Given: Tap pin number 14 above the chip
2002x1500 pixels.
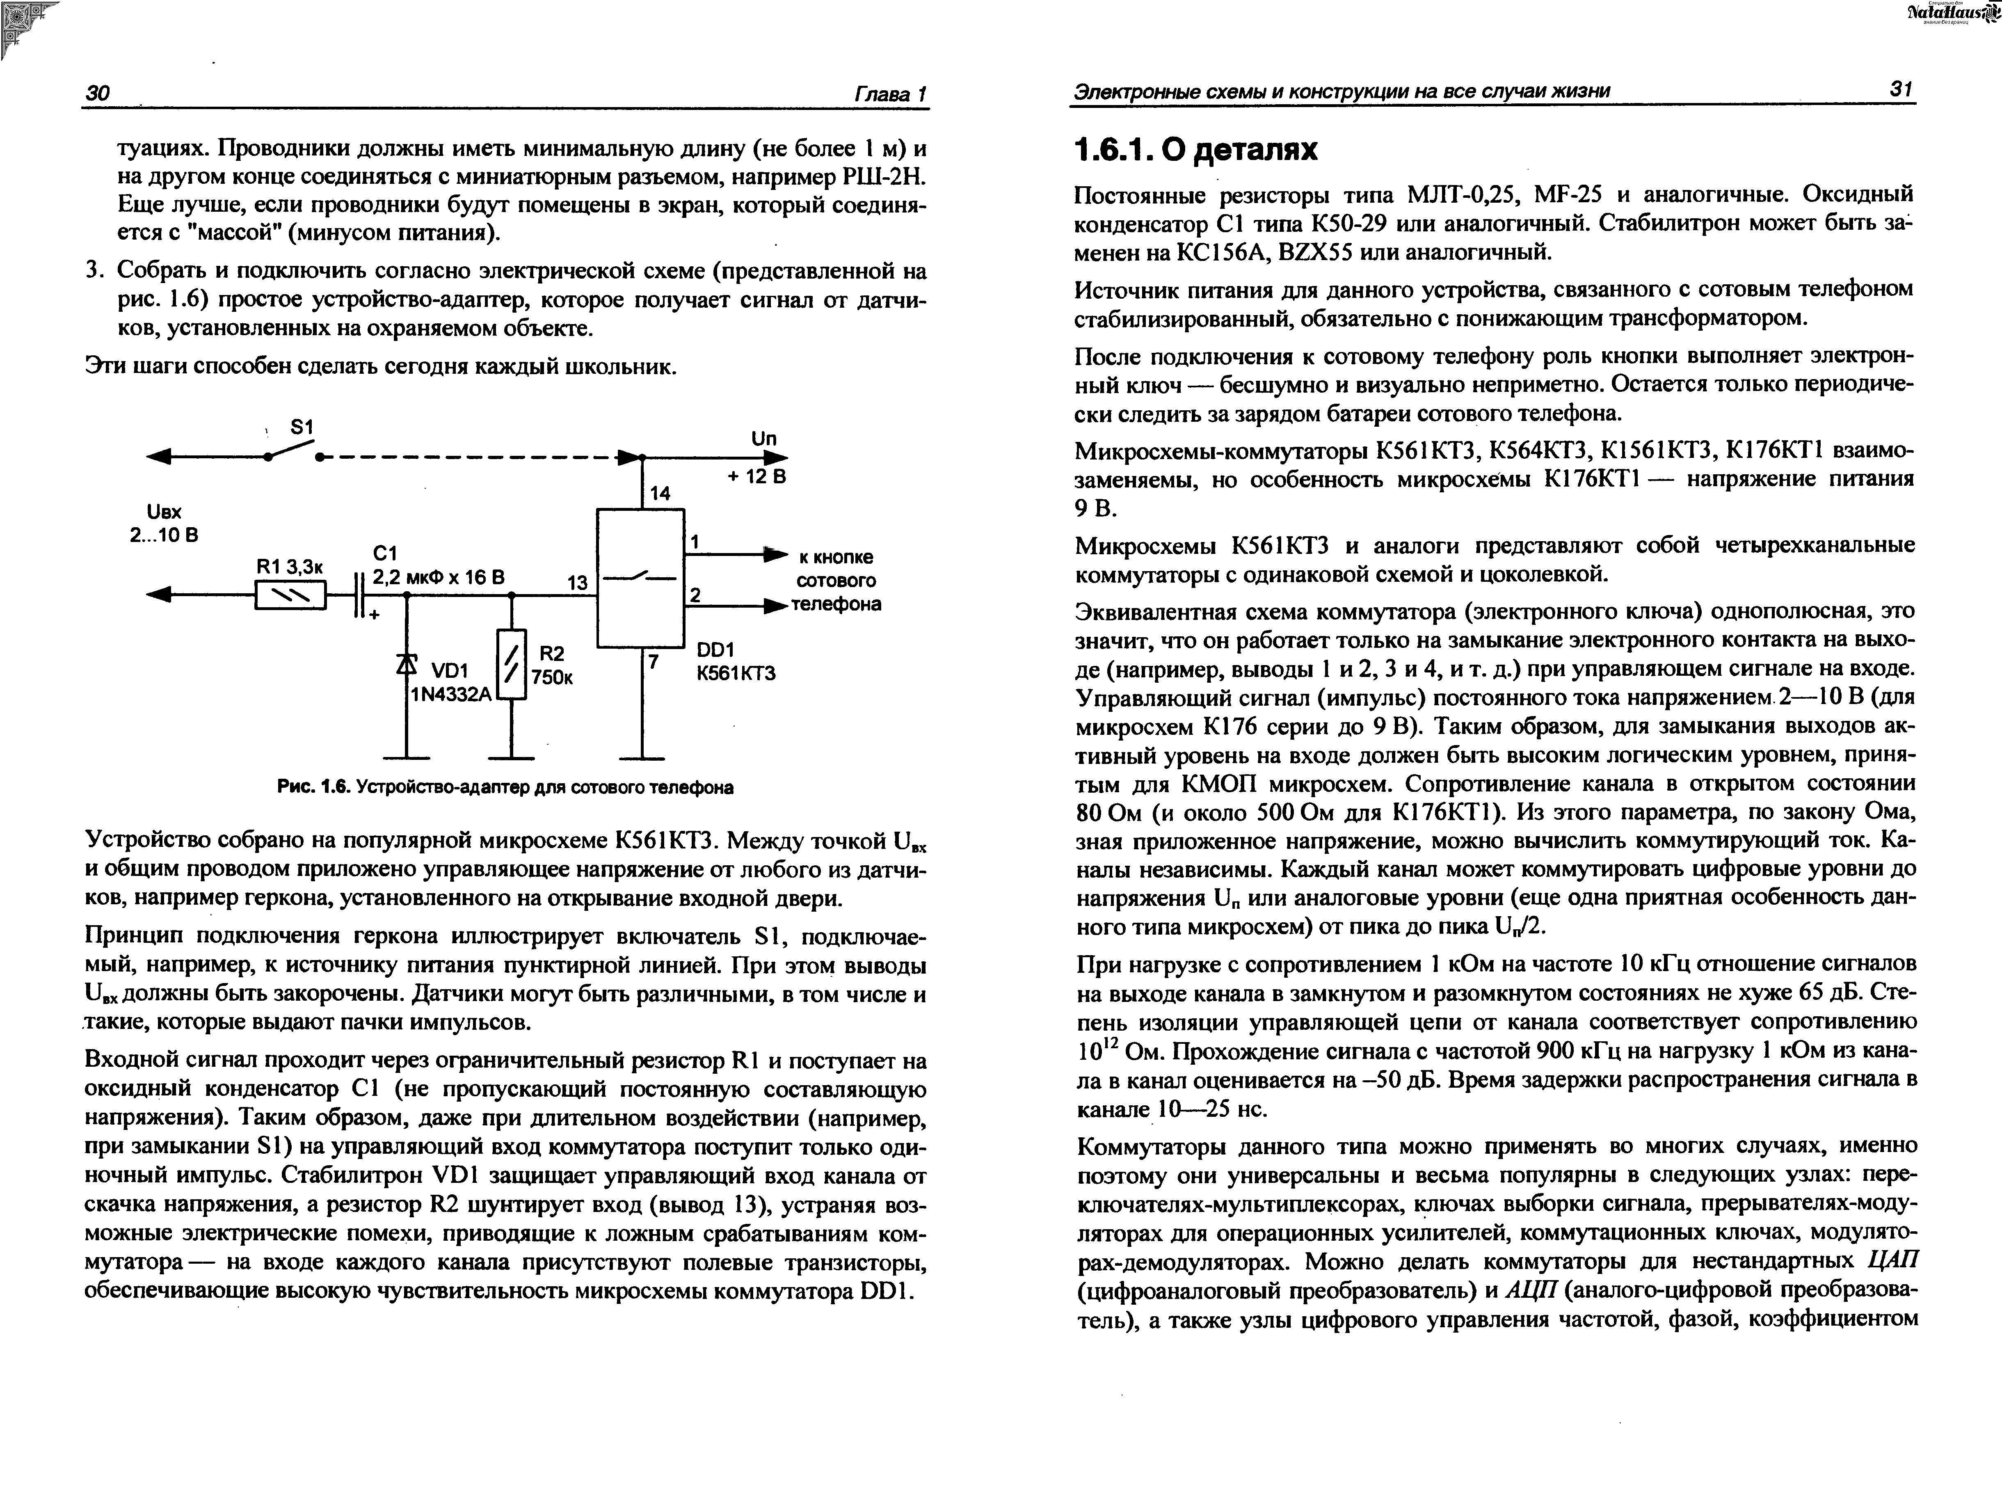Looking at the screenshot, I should (x=660, y=493).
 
